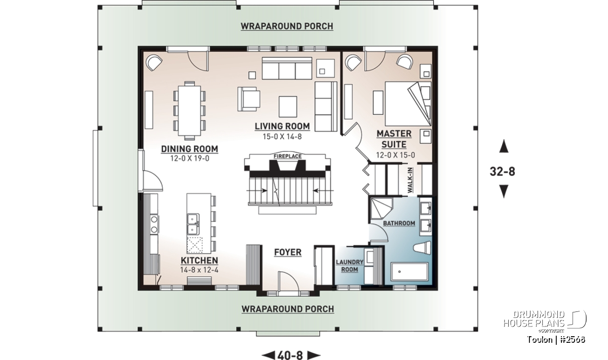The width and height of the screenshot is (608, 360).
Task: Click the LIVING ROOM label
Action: [x=282, y=126]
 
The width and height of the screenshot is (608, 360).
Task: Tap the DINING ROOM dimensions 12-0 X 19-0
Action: [x=189, y=158]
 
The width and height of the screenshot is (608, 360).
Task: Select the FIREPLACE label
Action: [x=287, y=156]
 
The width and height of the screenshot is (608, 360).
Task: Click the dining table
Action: [x=189, y=111]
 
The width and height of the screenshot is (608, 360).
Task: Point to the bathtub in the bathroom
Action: [x=409, y=271]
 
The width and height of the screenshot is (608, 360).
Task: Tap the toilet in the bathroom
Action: [x=422, y=248]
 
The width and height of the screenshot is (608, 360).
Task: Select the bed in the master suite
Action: [x=408, y=104]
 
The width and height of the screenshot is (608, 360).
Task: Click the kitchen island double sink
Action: [x=193, y=224]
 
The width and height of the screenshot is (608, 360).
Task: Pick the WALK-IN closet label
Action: [x=410, y=180]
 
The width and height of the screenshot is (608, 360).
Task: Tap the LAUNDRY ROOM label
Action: [x=350, y=266]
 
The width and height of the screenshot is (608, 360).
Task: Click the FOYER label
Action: [x=288, y=252]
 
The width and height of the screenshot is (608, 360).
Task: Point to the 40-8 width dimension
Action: [x=290, y=355]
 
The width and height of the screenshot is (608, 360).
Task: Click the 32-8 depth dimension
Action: [x=503, y=171]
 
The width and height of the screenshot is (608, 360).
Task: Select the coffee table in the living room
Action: [x=288, y=107]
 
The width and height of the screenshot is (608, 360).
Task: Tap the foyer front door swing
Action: [x=288, y=281]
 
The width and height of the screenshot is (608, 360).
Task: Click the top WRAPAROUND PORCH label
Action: [x=287, y=26]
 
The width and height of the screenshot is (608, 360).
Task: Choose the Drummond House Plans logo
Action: [x=545, y=321]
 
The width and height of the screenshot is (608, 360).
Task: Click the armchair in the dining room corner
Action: [x=154, y=63]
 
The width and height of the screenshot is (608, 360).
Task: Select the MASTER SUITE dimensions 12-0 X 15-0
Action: [x=396, y=155]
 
